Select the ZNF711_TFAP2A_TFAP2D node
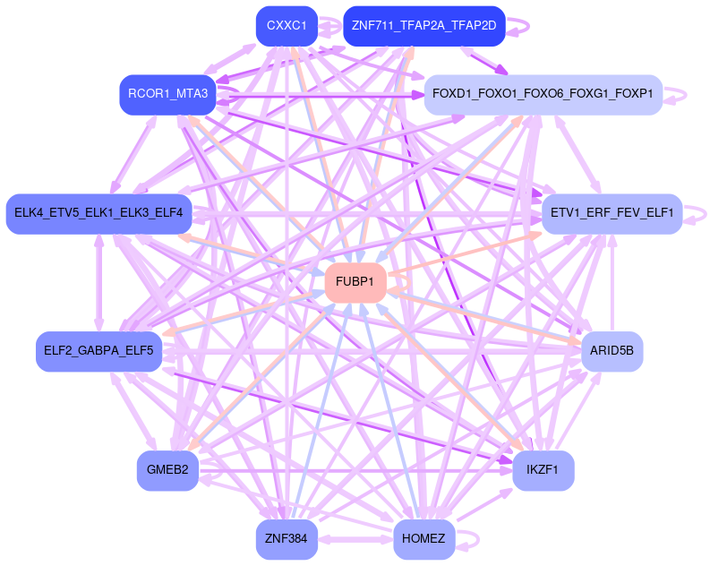tap(423, 25)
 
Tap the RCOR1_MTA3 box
tap(167, 94)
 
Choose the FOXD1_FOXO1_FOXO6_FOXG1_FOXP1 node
tap(543, 94)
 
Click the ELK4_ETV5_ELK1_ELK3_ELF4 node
tap(98, 213)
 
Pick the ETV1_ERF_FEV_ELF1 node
tap(612, 214)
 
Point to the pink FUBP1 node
tap(355, 282)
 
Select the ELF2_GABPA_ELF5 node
tap(98, 350)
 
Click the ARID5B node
tap(612, 351)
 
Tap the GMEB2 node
tap(167, 471)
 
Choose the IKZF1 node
tap(543, 471)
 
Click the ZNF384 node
tap(287, 540)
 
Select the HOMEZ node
tap(424, 540)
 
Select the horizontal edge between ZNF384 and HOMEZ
tap(355, 540)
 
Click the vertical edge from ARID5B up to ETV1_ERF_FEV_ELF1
tap(612, 282)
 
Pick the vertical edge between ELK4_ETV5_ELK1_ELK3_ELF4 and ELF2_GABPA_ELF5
tap(98, 282)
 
